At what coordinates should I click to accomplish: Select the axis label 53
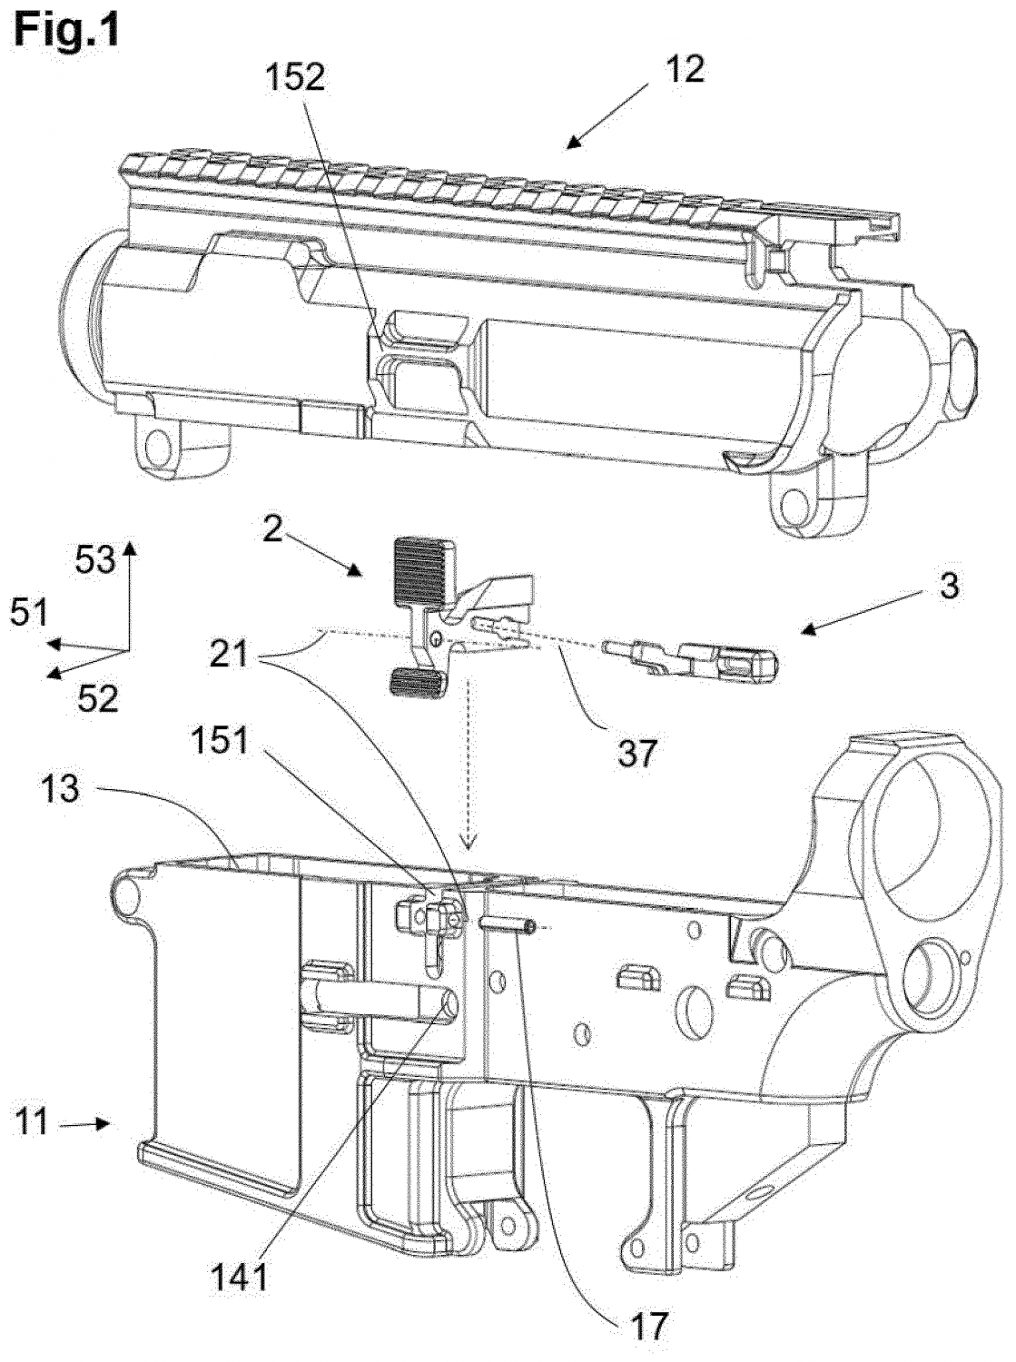tap(94, 561)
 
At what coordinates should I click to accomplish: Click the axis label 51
tap(28, 614)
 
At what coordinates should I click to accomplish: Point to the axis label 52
tap(96, 697)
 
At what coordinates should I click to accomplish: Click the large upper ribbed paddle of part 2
tap(425, 571)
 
